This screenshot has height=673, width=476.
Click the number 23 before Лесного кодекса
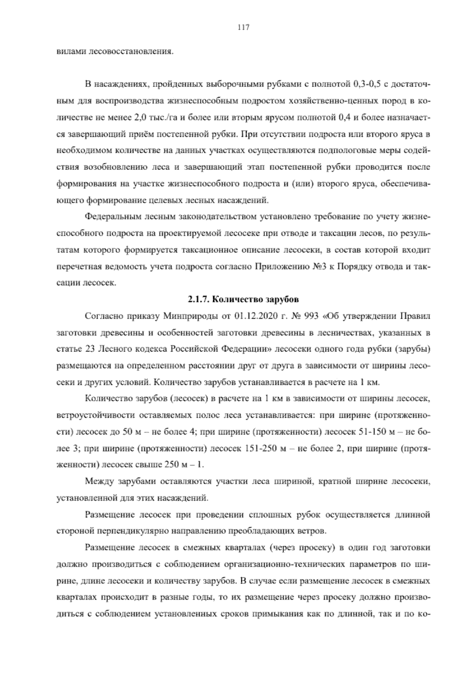(x=89, y=349)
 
